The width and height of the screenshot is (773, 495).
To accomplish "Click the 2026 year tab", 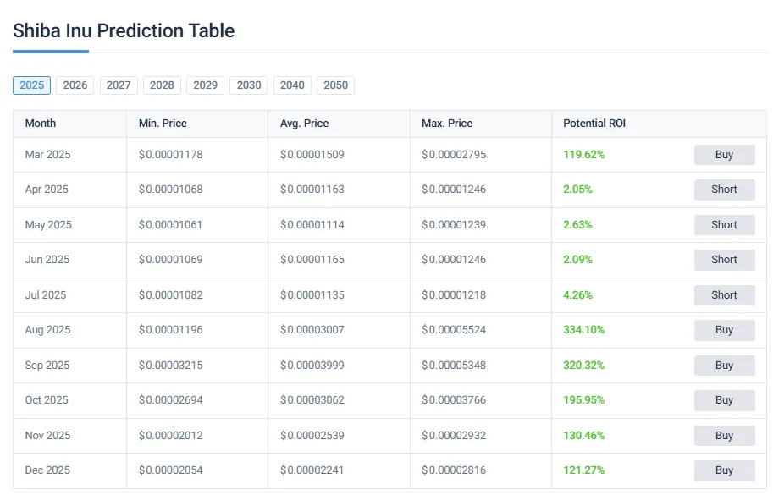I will [75, 85].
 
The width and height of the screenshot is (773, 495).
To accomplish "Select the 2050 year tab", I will [335, 85].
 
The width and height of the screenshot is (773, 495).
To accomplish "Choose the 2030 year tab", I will [249, 85].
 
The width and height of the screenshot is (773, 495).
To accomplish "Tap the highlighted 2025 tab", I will [31, 85].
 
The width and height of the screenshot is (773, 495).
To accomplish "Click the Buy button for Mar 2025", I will [724, 155].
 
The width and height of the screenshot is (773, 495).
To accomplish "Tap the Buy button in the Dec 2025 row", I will [724, 470].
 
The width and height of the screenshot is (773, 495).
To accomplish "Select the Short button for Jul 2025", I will [724, 295].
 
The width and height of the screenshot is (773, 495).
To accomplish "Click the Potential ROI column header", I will [594, 124].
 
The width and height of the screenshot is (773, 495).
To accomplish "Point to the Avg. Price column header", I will [304, 124].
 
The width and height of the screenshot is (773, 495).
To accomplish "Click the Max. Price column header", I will [447, 124].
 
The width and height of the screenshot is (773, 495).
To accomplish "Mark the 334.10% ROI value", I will [583, 330].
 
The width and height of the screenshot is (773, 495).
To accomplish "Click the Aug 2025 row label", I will [47, 330].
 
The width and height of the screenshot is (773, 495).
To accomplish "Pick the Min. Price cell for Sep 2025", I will [170, 366].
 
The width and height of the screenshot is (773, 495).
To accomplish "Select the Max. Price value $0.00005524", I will [454, 330].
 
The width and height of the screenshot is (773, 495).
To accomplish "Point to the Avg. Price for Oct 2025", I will [312, 400].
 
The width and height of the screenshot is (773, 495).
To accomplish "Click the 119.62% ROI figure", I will [583, 155].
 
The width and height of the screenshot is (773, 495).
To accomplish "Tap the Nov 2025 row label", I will [47, 436].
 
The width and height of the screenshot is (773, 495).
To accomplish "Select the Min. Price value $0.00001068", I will [170, 190].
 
